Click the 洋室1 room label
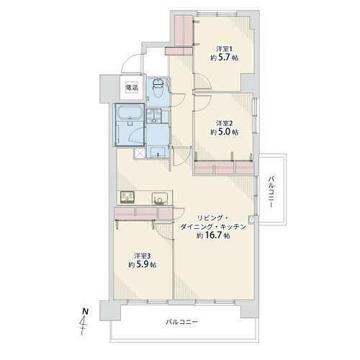[224, 49]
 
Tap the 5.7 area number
[224, 58]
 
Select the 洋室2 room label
[224, 123]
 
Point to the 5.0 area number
[224, 132]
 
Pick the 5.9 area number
[142, 264]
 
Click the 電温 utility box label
[132, 88]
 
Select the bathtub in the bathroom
[130, 112]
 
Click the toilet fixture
[158, 88]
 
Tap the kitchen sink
[159, 199]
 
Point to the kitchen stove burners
[127, 198]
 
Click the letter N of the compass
[85, 312]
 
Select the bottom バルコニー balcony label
[182, 322]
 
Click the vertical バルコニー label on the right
[271, 192]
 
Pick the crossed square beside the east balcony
[251, 220]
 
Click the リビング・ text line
[212, 218]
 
